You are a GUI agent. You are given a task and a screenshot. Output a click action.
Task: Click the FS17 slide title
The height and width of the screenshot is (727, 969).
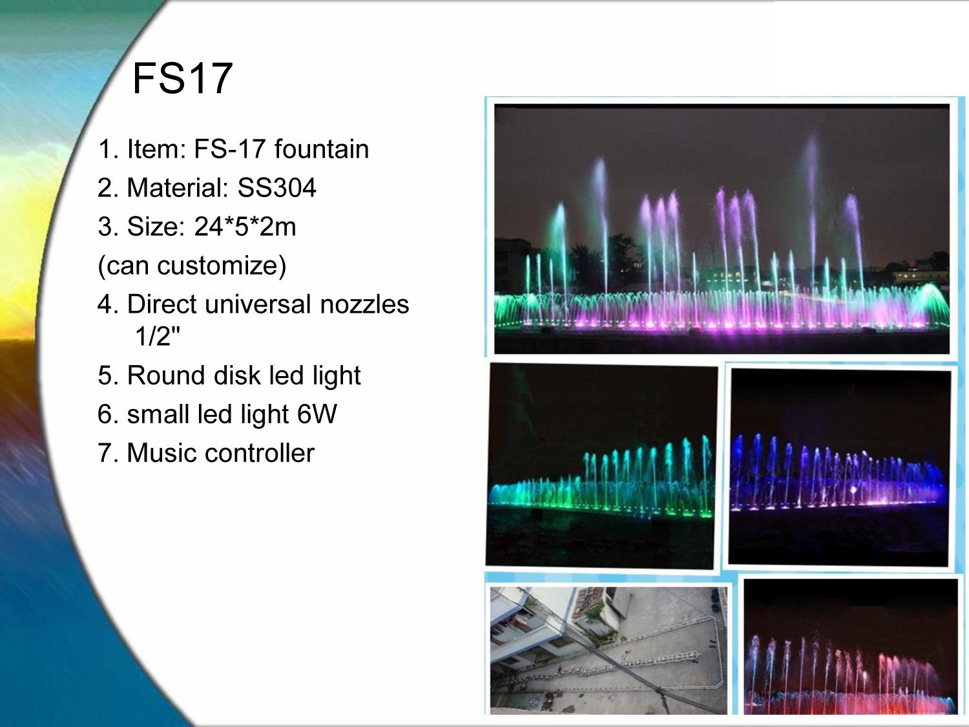(x=182, y=78)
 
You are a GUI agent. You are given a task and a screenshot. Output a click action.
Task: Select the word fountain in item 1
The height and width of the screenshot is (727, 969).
(x=321, y=149)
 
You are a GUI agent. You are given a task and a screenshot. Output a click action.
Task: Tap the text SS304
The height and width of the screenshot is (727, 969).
(x=276, y=187)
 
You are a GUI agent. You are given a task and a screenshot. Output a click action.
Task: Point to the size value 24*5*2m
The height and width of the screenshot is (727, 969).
(x=245, y=226)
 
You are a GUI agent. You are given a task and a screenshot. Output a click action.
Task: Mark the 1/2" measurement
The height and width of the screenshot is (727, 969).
(x=158, y=336)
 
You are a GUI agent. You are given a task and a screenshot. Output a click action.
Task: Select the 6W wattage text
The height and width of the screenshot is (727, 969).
(x=317, y=414)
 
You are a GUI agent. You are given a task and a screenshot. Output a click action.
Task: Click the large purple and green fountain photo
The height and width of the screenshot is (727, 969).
(x=722, y=229)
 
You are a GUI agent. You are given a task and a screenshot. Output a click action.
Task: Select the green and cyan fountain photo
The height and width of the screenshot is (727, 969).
(x=601, y=466)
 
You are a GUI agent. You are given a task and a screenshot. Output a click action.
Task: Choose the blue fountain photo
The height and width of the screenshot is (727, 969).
(x=839, y=467)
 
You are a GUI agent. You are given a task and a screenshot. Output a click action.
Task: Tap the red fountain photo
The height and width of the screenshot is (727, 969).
(x=851, y=647)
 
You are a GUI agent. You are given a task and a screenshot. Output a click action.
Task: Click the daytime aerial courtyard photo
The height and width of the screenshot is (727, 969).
(x=609, y=651)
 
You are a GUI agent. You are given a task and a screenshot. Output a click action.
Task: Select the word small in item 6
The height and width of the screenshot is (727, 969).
(x=158, y=414)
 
